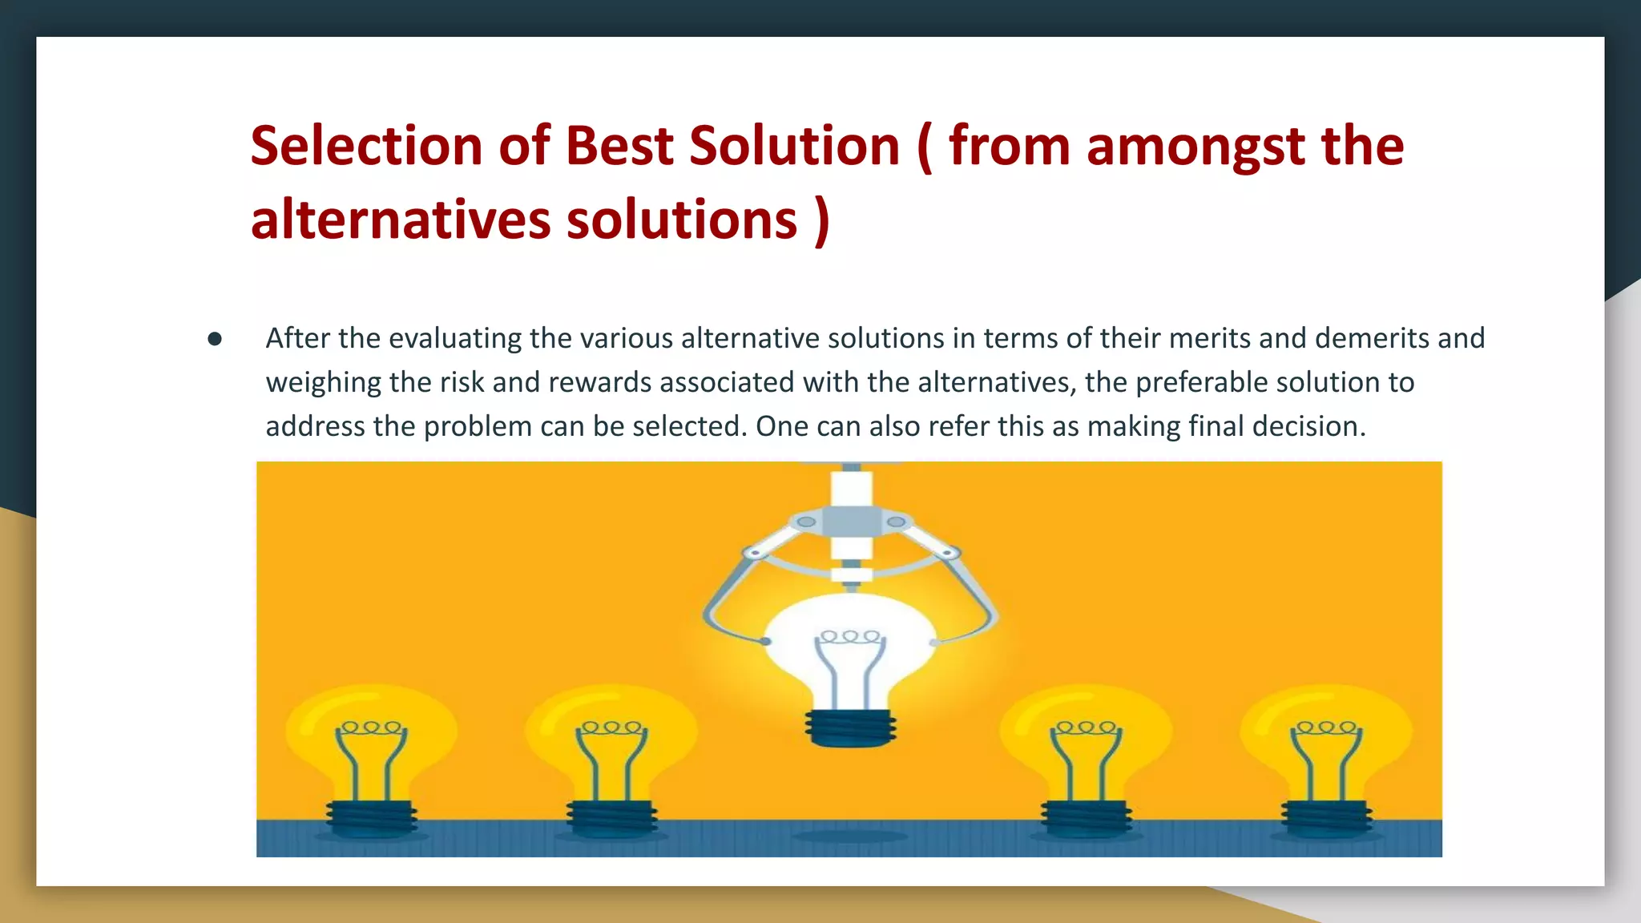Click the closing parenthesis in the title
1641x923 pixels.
click(x=821, y=220)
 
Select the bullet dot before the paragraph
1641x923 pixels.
click(x=214, y=339)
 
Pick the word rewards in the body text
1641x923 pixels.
click(x=599, y=382)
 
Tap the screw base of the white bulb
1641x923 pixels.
click(x=851, y=727)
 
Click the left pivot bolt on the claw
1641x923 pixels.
click(x=806, y=522)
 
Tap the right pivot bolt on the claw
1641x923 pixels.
click(x=896, y=522)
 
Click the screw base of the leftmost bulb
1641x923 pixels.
click(x=372, y=818)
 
